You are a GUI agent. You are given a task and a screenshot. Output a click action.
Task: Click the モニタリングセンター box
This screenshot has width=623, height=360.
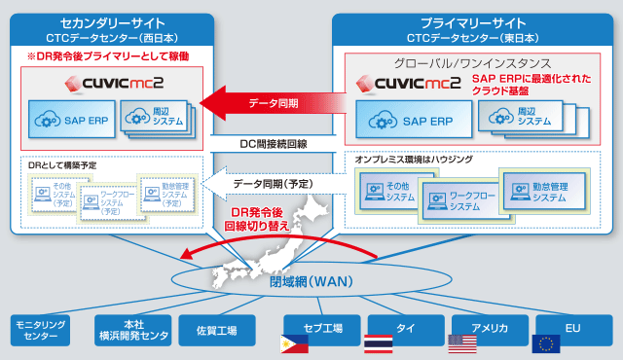coord(42,329)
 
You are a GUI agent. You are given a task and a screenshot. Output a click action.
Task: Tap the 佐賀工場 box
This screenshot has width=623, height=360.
coord(217,329)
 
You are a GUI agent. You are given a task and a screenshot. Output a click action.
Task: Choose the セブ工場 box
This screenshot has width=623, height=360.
coord(320,329)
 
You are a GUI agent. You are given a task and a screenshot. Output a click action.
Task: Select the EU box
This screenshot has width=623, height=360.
coord(573,329)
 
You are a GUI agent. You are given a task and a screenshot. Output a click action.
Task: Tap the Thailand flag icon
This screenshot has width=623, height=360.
coord(377,343)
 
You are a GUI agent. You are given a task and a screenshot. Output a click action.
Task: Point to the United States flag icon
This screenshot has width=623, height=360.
coord(461,343)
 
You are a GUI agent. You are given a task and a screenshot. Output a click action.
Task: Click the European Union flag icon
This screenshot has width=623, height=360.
coord(545,343)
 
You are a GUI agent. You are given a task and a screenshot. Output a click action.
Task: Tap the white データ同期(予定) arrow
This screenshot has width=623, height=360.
coord(267,182)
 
